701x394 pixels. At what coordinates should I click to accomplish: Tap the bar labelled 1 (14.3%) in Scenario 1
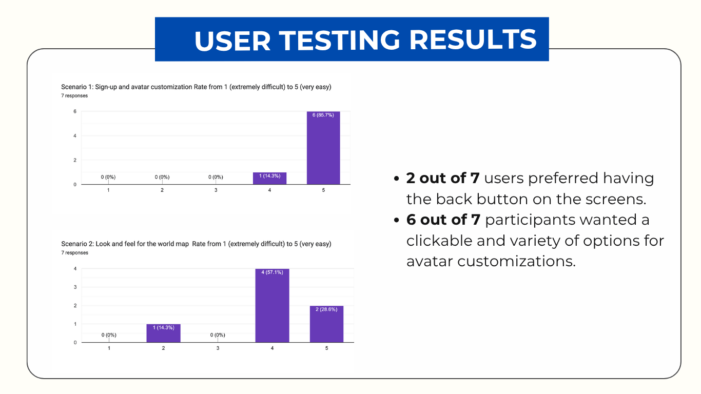click(x=269, y=178)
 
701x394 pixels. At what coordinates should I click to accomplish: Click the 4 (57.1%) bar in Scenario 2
click(x=272, y=306)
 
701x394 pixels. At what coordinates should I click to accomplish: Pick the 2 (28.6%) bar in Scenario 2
click(x=326, y=324)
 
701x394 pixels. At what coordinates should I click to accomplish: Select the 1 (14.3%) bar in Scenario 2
click(x=163, y=333)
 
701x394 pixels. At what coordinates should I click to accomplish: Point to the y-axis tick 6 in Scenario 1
click(x=75, y=111)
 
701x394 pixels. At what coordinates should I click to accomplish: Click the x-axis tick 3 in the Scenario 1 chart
click(x=216, y=190)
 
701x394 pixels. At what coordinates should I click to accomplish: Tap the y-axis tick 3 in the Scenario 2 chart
click(x=75, y=287)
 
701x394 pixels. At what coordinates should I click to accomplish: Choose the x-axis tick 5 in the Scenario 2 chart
click(x=326, y=348)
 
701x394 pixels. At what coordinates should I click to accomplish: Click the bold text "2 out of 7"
click(x=443, y=179)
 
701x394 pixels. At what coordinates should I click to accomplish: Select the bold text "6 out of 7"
click(x=443, y=220)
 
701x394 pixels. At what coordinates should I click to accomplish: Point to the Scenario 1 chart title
click(x=196, y=87)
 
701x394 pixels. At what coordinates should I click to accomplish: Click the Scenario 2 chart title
click(x=196, y=244)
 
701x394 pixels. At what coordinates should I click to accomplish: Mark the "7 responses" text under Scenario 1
click(x=74, y=95)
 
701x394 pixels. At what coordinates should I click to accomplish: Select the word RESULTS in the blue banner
click(x=473, y=41)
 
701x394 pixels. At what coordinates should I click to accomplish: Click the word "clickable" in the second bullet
click(x=439, y=241)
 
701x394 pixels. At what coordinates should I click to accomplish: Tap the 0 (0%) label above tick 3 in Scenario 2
click(x=218, y=335)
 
